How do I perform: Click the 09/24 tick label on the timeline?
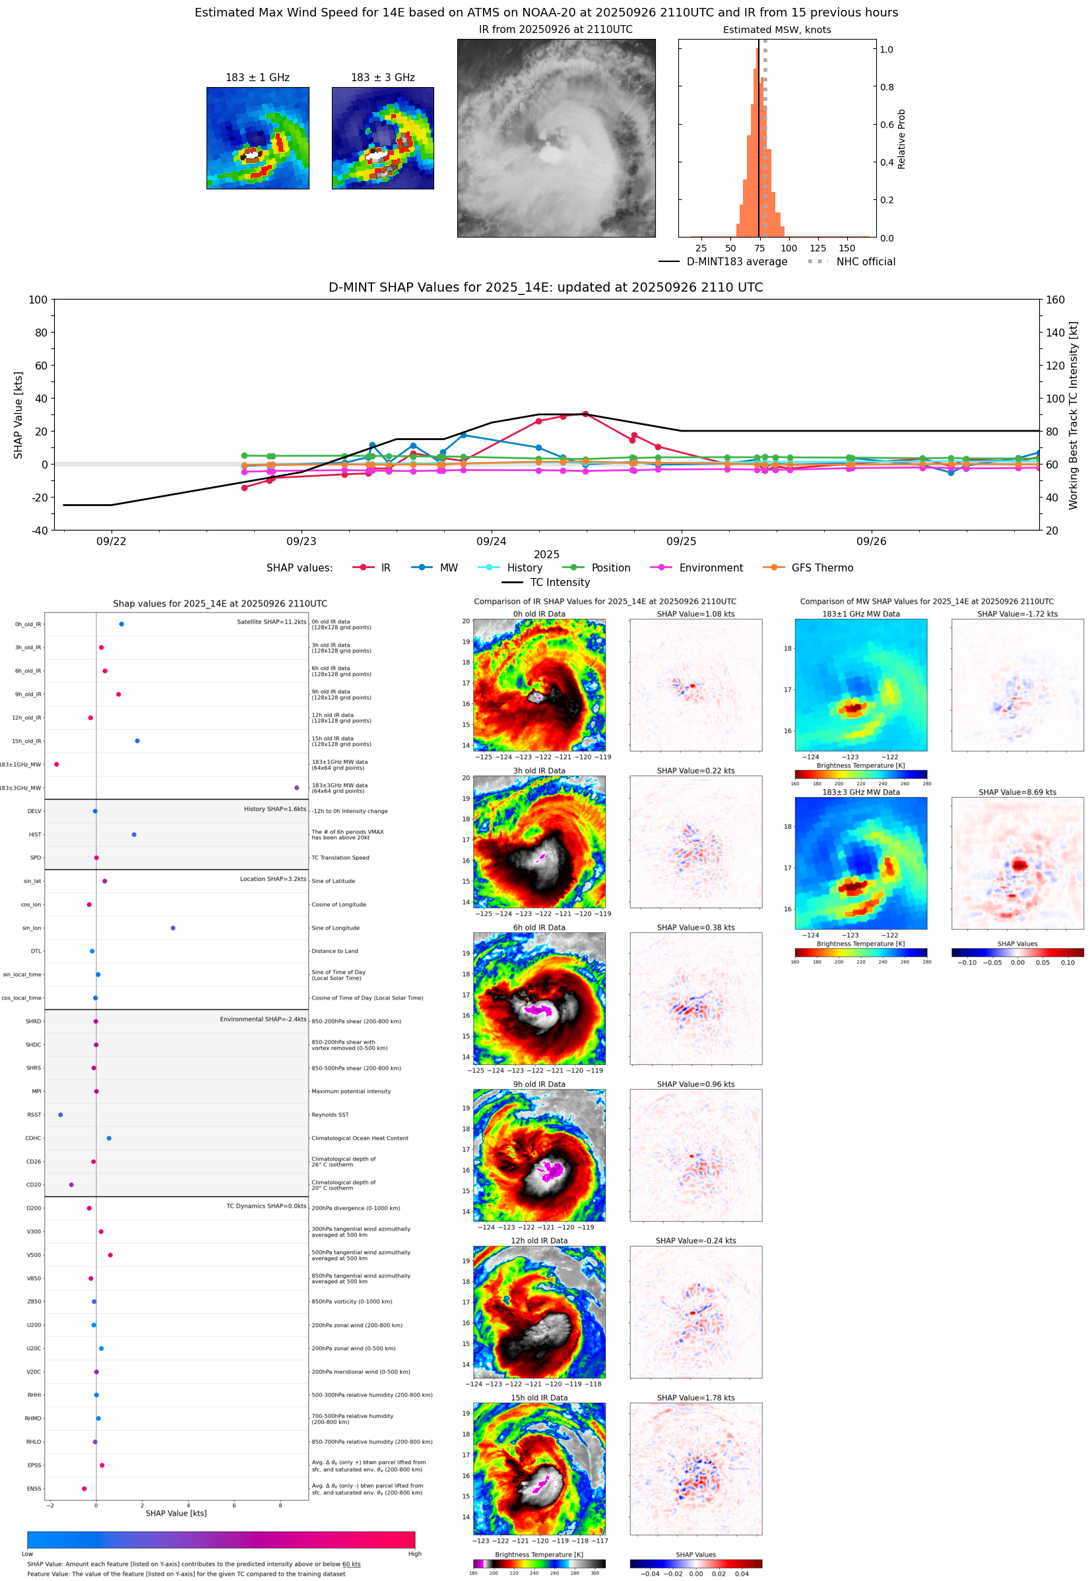coord(491,541)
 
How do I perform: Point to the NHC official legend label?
coord(865,261)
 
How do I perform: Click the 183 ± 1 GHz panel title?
coord(257,78)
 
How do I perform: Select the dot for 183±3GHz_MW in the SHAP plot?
coord(296,787)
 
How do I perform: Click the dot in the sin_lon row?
coord(173,928)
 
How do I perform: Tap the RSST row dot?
coord(61,1114)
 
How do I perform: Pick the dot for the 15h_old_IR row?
coord(137,741)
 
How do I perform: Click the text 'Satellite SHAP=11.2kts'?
coord(271,622)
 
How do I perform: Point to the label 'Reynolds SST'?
coord(330,1114)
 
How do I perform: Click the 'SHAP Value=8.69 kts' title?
coord(1017,792)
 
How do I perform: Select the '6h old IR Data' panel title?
coord(538,928)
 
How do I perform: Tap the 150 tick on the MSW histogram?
coord(847,248)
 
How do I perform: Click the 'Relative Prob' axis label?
coord(901,140)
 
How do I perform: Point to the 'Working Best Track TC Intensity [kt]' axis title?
coord(1073,415)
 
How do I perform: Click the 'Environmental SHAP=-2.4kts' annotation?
coord(263,1019)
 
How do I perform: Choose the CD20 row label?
coord(34,1184)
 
